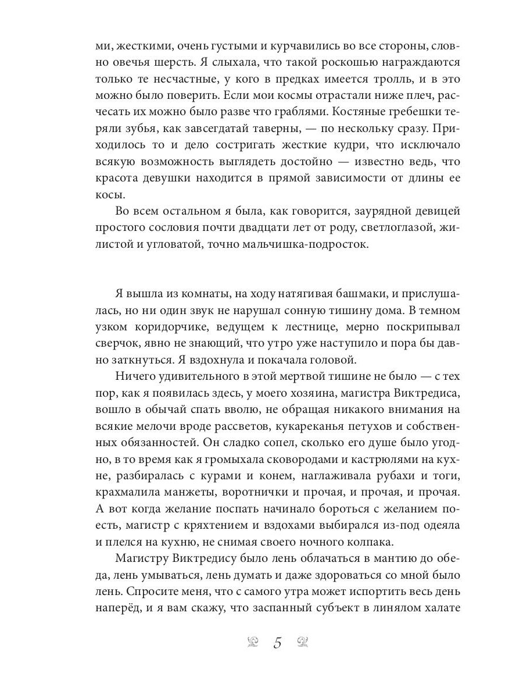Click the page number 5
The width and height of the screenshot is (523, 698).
click(277, 643)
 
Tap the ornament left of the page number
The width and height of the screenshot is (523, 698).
click(253, 642)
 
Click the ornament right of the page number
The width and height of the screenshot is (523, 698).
click(303, 642)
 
